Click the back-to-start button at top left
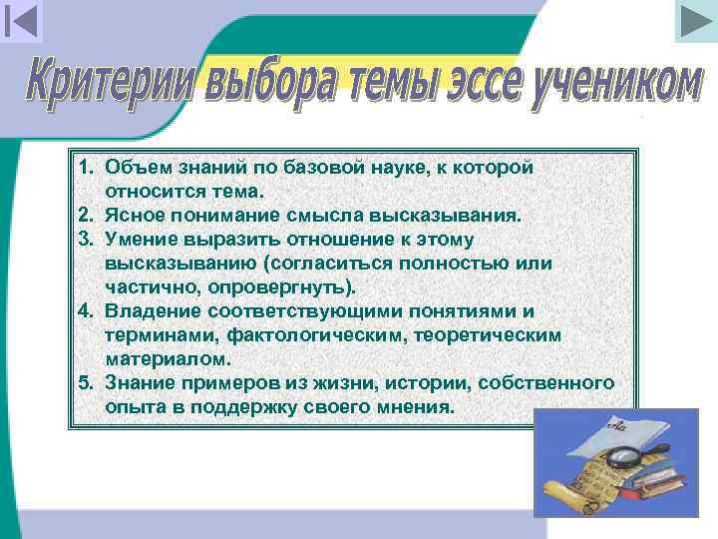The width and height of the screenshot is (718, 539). (x=21, y=21)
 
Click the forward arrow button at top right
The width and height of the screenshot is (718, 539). (x=694, y=21)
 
